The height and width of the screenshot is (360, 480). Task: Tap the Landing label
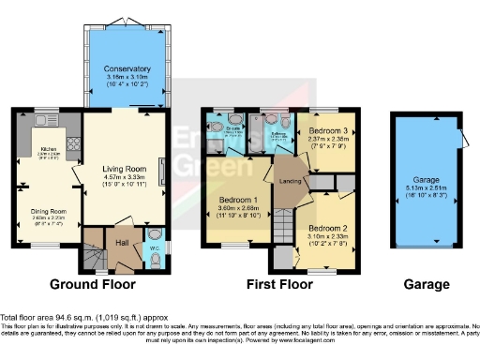click(289, 181)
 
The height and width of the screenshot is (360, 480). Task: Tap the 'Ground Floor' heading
click(92, 284)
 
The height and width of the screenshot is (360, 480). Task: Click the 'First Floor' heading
click(278, 284)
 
